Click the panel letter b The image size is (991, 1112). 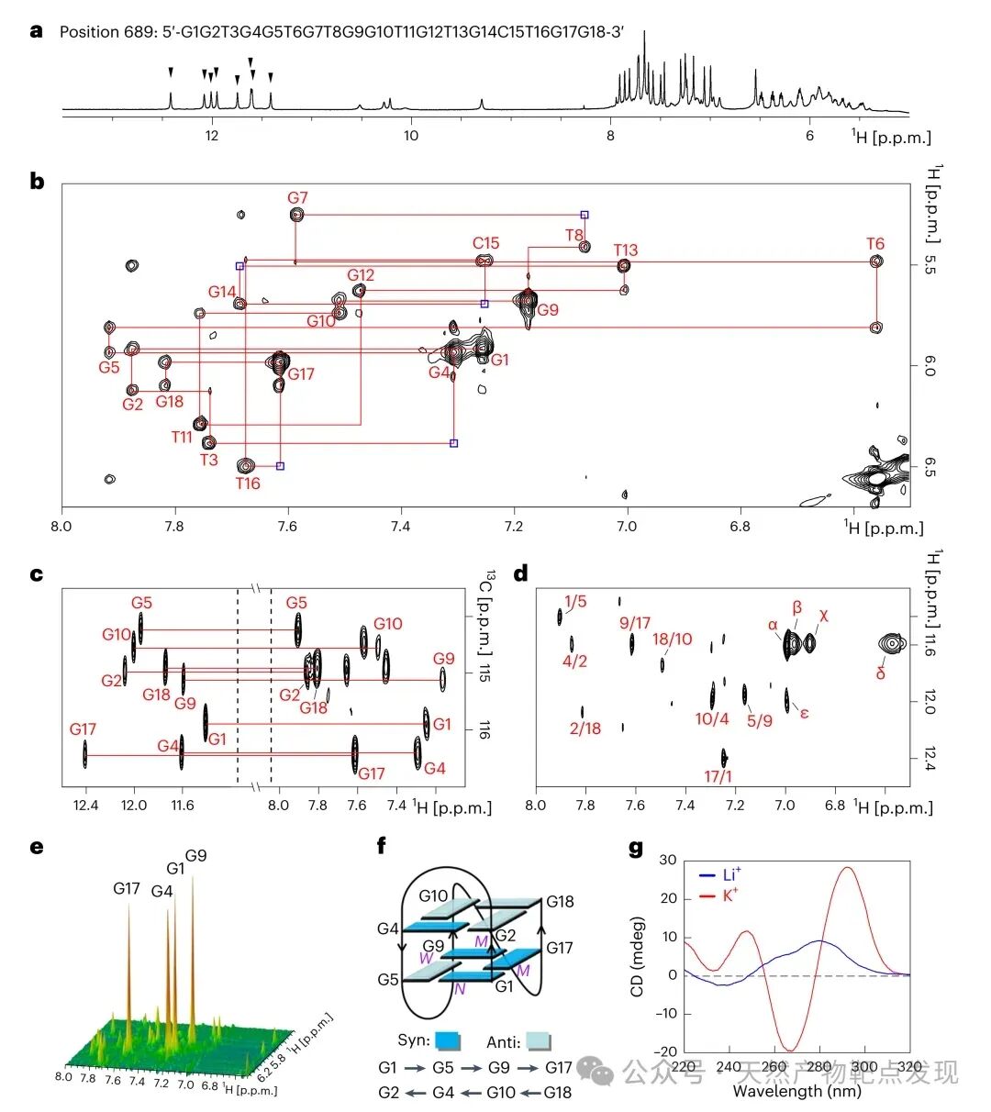(37, 181)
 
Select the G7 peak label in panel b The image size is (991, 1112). (297, 198)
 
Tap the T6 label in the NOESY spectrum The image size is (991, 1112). (875, 244)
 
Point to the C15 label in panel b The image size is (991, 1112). (485, 243)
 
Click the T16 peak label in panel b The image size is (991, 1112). (248, 484)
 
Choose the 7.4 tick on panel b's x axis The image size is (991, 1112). (400, 526)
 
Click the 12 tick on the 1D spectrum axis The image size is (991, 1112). (212, 136)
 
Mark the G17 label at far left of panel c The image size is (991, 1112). (83, 729)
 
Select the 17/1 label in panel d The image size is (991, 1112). (718, 776)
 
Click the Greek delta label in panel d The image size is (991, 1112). (881, 674)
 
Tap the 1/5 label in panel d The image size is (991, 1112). (575, 602)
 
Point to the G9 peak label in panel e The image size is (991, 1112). (195, 856)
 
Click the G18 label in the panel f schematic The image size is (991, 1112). (560, 902)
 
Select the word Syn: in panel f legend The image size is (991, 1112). (414, 1041)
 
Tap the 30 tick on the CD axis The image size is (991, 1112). (667, 861)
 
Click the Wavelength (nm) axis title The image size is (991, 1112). (796, 1092)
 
